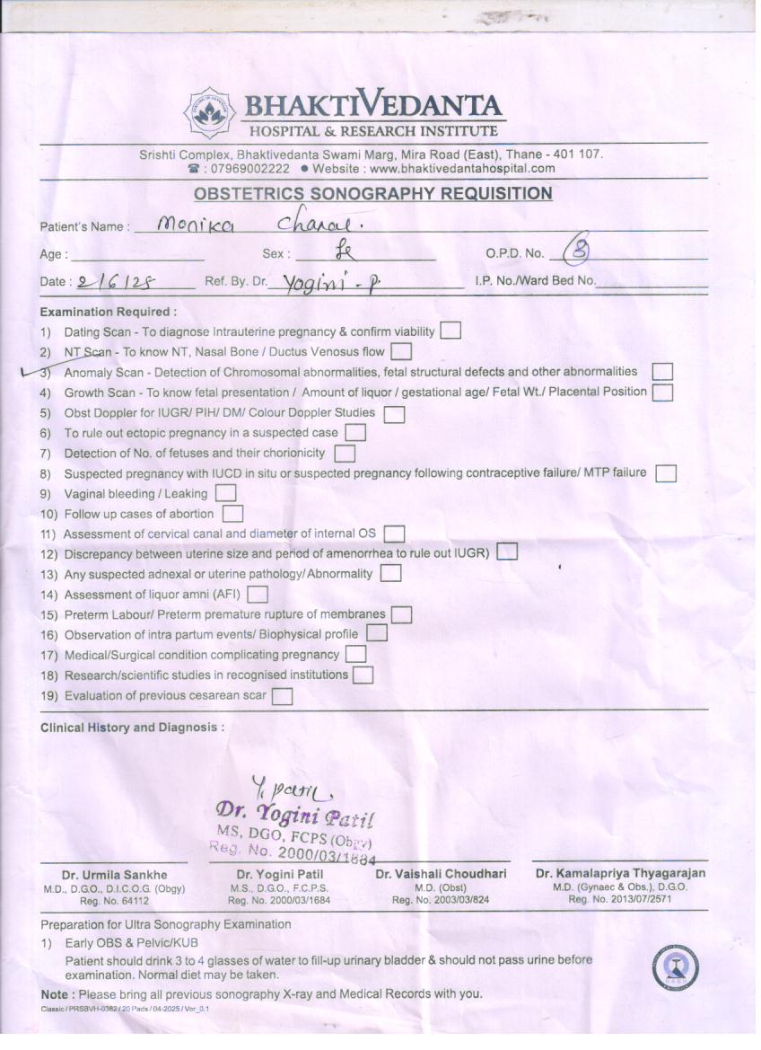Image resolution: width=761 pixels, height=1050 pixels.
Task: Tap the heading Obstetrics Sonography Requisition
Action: [373, 193]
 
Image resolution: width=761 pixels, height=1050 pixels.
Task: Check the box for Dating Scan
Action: [450, 331]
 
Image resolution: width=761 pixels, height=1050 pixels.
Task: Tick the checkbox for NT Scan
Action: [401, 351]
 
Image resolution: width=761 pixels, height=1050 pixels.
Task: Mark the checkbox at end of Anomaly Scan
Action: [662, 371]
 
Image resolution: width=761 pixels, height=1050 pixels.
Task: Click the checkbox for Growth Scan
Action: [662, 392]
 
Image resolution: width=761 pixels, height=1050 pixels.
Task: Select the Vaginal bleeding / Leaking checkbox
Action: [225, 493]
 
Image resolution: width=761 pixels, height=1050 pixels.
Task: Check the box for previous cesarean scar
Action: [282, 695]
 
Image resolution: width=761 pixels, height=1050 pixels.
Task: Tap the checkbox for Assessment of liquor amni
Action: [258, 594]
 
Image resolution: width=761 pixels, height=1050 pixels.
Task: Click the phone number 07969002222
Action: [247, 168]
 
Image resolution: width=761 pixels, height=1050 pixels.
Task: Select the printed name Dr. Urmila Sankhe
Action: [114, 875]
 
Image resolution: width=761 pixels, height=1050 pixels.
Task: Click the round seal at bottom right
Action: [675, 968]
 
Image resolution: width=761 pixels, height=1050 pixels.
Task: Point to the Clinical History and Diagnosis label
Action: [132, 728]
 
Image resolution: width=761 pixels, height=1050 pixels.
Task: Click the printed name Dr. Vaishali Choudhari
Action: [441, 874]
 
